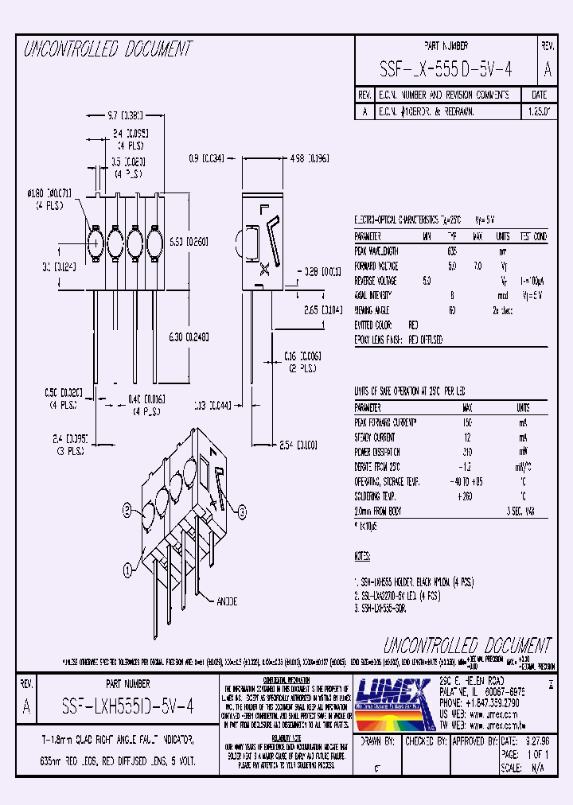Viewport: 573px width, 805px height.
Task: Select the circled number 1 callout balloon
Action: click(x=127, y=569)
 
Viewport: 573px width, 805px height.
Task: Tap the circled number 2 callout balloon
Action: click(x=127, y=510)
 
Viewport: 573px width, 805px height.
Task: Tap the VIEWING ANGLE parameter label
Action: click(x=375, y=310)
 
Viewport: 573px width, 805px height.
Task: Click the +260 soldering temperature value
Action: click(x=465, y=496)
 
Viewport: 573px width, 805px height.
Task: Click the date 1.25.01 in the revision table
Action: click(x=537, y=113)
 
